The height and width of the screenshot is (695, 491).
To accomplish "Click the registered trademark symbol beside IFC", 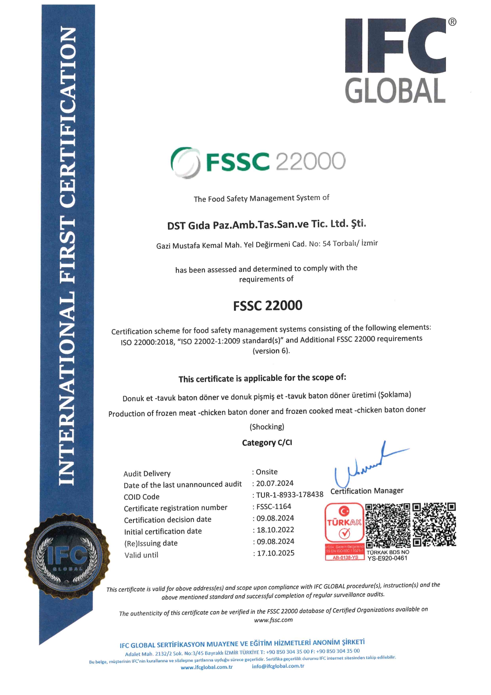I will coord(452,22).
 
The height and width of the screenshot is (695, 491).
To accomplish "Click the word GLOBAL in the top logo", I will coord(395,91).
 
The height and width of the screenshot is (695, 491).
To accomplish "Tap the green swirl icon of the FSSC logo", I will coord(185,162).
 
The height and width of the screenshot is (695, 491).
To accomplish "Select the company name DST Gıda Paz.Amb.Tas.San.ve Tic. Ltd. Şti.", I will coord(266,225).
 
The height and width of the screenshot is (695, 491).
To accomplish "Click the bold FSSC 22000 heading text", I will coord(268,305).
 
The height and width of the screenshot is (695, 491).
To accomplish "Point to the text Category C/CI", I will coord(267,443).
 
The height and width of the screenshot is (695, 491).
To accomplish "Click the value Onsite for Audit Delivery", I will coord(267,472).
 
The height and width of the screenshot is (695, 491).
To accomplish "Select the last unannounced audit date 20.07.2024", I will coord(275,483).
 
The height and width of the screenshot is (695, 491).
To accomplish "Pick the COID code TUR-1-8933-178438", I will coord(290,495).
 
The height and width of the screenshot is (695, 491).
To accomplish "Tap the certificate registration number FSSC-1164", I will coord(274,507).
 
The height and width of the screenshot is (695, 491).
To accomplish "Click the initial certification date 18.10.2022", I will coord(276,530).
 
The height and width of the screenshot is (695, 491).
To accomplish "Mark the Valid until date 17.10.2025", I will coord(276,553).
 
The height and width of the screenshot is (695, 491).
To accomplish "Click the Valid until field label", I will coord(141,555).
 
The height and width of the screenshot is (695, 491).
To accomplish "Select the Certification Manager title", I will coord(367,491).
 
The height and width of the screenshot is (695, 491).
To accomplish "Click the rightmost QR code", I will coord(434,525).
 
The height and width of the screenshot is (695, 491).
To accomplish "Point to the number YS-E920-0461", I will coord(387,558).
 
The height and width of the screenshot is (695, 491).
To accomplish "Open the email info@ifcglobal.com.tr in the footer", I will coord(278,666).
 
